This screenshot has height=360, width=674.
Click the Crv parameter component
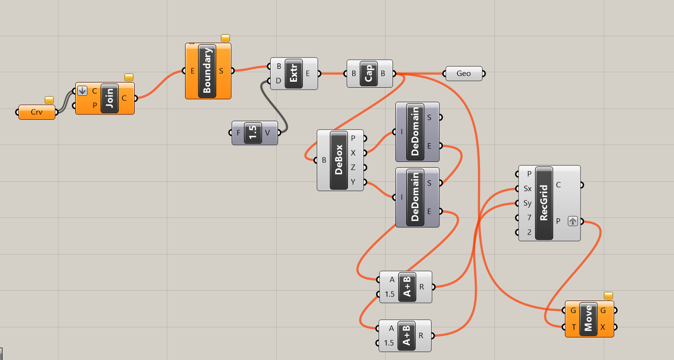pyautogui.click(x=37, y=112)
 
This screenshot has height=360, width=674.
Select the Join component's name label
pyautogui.click(x=110, y=99)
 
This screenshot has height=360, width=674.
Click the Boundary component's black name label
pyautogui.click(x=207, y=71)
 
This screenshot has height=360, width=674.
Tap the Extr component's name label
pyautogui.click(x=293, y=74)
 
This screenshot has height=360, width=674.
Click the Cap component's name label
pyautogui.click(x=369, y=74)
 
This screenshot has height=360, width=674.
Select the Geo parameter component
pyautogui.click(x=464, y=74)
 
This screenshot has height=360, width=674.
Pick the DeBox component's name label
pyautogui.click(x=339, y=160)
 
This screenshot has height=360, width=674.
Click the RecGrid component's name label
pyautogui.click(x=544, y=203)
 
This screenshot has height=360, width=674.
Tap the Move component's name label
pyautogui.click(x=588, y=319)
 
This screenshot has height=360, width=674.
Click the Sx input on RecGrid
pyautogui.click(x=527, y=189)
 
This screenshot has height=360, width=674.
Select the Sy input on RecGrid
pyautogui.click(x=527, y=204)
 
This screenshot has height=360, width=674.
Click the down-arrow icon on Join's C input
pyautogui.click(x=82, y=91)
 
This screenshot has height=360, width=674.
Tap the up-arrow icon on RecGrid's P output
pyautogui.click(x=573, y=221)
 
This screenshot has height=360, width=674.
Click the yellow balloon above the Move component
pyautogui.click(x=609, y=296)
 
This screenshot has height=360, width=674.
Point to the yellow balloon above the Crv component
pyautogui.click(x=49, y=100)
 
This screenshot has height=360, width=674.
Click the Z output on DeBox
pyautogui.click(x=353, y=167)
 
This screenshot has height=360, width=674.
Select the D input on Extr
pyautogui.click(x=279, y=81)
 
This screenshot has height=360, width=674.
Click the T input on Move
pyautogui.click(x=573, y=327)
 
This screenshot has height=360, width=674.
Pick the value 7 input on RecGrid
pyautogui.click(x=529, y=218)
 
